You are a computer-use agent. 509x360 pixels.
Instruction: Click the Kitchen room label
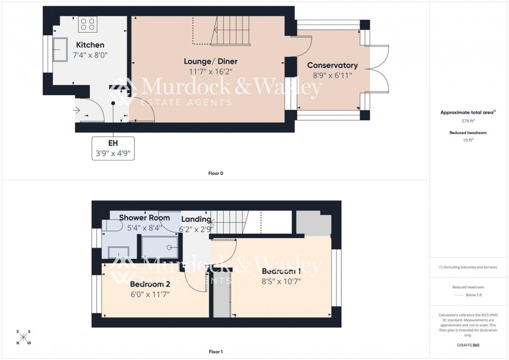90,45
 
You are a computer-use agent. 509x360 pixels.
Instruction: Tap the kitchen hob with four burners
88,24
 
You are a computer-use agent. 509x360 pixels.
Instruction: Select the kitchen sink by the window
59,48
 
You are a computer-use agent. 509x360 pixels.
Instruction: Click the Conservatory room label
332,65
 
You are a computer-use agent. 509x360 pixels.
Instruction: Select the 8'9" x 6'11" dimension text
332,75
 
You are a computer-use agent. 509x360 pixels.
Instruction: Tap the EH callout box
113,148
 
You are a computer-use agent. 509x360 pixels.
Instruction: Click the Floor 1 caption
216,352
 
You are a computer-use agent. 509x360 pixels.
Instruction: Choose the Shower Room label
141,217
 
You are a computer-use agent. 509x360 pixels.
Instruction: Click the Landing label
195,220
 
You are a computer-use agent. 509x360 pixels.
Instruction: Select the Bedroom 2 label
150,284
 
